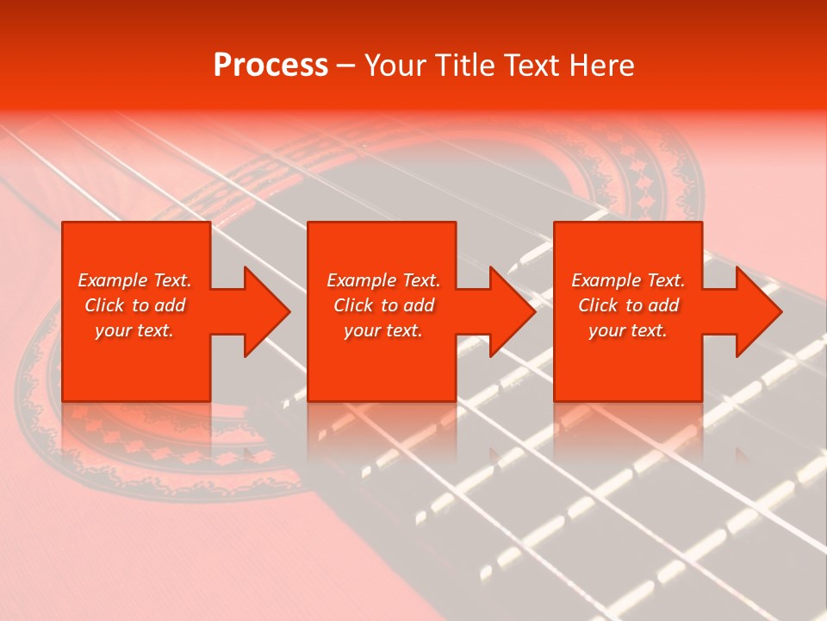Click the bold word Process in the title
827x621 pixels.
pyautogui.click(x=270, y=66)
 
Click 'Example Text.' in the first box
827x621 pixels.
pyautogui.click(x=134, y=280)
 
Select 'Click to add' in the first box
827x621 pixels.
pyautogui.click(x=134, y=305)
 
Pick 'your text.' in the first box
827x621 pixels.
pyautogui.click(x=134, y=330)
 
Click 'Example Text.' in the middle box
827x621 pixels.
pyautogui.click(x=382, y=280)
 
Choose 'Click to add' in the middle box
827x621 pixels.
pyautogui.click(x=382, y=305)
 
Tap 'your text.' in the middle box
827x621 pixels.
pyautogui.click(x=382, y=330)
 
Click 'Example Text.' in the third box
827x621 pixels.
pyautogui.click(x=628, y=280)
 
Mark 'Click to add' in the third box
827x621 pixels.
pyautogui.click(x=628, y=305)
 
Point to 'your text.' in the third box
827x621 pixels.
pyautogui.click(x=628, y=330)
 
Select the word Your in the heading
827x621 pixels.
pyautogui.click(x=395, y=66)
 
